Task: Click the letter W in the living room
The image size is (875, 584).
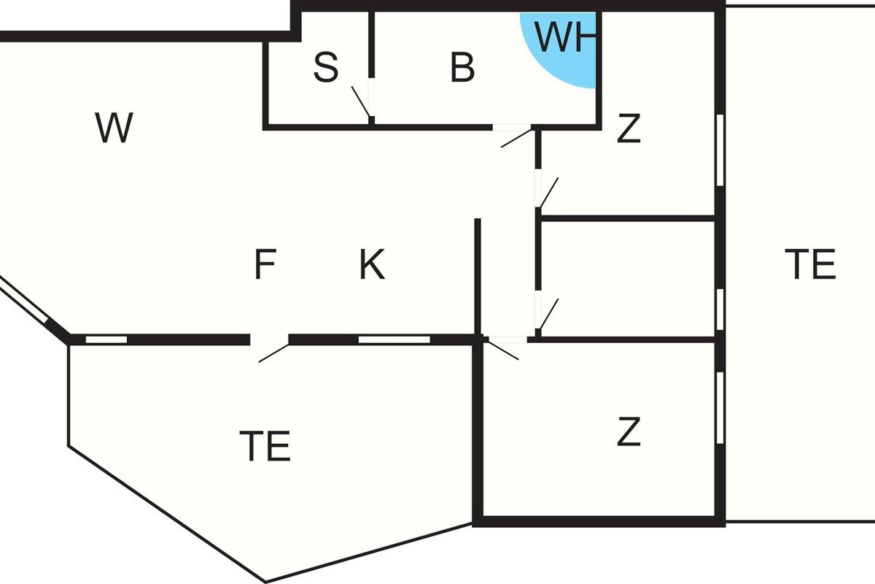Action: [x=114, y=128]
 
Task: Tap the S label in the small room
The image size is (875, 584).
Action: [x=326, y=68]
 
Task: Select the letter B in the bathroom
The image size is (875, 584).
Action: [x=462, y=68]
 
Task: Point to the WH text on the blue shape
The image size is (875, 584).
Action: [x=565, y=37]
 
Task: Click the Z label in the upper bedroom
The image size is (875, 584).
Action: [x=629, y=128]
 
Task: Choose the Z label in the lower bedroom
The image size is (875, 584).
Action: [x=629, y=431]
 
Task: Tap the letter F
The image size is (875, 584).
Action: [x=265, y=264]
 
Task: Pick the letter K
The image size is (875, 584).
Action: [x=373, y=264]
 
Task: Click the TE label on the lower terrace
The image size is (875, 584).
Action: [x=265, y=446]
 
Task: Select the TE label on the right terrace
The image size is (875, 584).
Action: [x=811, y=264]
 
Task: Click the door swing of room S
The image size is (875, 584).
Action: [x=360, y=101]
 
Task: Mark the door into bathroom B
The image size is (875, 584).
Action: [x=516, y=138]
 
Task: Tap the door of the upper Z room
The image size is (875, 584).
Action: [x=549, y=192]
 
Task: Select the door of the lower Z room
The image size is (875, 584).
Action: [x=503, y=350]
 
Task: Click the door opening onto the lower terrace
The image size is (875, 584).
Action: [x=274, y=353]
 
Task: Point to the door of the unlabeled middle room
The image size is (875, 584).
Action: [x=549, y=314]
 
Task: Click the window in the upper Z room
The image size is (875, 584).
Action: [x=720, y=150]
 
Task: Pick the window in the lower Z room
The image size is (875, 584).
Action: [x=720, y=408]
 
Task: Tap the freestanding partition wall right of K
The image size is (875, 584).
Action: [x=478, y=277]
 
